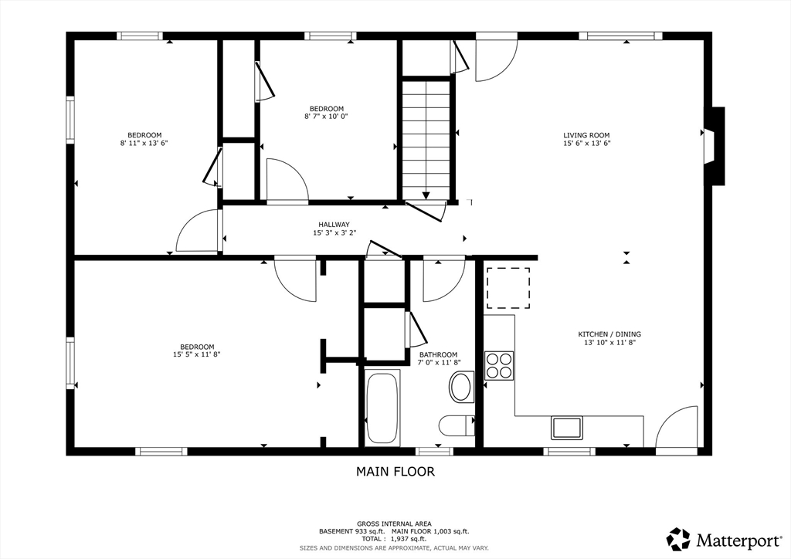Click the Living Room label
[586, 135]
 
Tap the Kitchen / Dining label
[609, 334]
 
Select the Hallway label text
[334, 225]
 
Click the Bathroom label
[439, 355]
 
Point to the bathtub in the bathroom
[382, 408]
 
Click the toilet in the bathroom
[457, 426]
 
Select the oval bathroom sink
[461, 387]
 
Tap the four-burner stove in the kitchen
[499, 365]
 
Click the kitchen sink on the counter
[566, 428]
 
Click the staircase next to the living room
[426, 139]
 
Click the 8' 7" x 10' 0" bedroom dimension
[327, 117]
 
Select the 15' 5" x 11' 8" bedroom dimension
[197, 354]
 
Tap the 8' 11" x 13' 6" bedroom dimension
[144, 143]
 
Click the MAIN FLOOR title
[395, 471]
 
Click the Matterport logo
[724, 540]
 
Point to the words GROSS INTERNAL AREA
[394, 523]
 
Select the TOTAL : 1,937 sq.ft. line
[394, 539]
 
